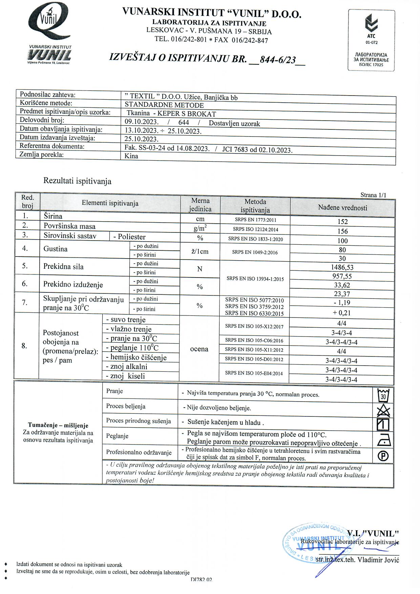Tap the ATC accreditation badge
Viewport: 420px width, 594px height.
click(x=371, y=40)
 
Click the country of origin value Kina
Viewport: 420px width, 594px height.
click(x=131, y=156)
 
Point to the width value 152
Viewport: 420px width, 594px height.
click(x=342, y=222)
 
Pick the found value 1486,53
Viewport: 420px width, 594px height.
click(x=342, y=267)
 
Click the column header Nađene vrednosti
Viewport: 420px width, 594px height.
click(x=342, y=208)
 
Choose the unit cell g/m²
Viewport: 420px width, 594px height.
click(x=200, y=229)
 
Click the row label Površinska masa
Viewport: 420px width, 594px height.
click(x=69, y=226)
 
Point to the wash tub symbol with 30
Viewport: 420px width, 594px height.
click(x=383, y=395)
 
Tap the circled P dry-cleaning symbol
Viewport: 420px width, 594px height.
click(x=383, y=456)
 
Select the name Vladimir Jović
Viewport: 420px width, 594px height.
click(x=378, y=560)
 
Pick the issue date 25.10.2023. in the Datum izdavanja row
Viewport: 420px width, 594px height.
click(x=142, y=139)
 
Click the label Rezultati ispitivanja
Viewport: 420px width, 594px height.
click(x=77, y=181)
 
